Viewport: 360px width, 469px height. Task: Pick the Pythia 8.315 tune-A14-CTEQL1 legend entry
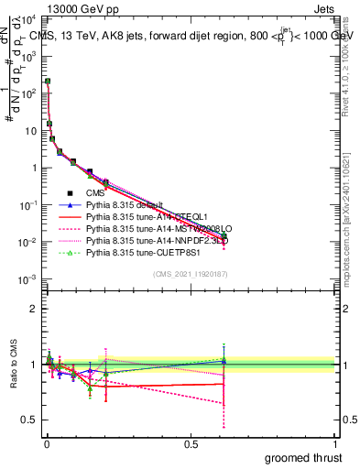137,216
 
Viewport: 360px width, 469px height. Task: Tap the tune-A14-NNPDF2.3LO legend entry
145,240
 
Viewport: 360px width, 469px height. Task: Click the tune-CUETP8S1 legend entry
135,251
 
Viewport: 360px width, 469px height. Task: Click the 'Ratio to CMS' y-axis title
13,366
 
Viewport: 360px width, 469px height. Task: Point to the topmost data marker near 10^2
47,82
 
